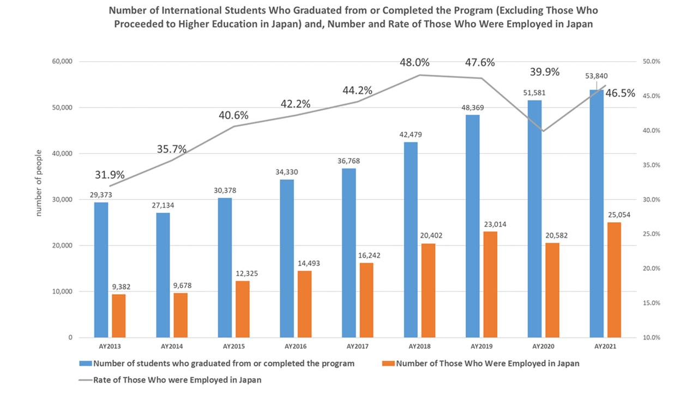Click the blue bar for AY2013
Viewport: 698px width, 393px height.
[x=101, y=270]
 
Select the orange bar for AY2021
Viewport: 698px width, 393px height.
[x=614, y=279]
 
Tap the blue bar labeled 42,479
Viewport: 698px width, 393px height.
[x=411, y=240]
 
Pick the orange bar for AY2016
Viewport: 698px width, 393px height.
[x=304, y=303]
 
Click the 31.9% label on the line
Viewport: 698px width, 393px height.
[x=110, y=175]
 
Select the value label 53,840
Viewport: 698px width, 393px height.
[x=596, y=76]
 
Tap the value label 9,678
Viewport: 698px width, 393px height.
[x=180, y=285]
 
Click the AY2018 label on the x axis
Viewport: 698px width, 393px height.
[x=419, y=346]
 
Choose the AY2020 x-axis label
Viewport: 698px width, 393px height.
[x=543, y=346]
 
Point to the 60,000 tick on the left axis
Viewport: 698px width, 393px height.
[x=62, y=62]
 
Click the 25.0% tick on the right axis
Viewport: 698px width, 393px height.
[x=649, y=234]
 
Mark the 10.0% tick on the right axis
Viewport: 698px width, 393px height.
[x=649, y=337]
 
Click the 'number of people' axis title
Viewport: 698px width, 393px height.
[x=39, y=182]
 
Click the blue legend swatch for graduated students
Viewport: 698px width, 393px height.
[x=86, y=364]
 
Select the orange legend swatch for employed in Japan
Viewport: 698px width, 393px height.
[x=388, y=364]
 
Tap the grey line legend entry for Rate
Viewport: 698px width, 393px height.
[x=86, y=380]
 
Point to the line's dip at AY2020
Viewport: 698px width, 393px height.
[x=543, y=131]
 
